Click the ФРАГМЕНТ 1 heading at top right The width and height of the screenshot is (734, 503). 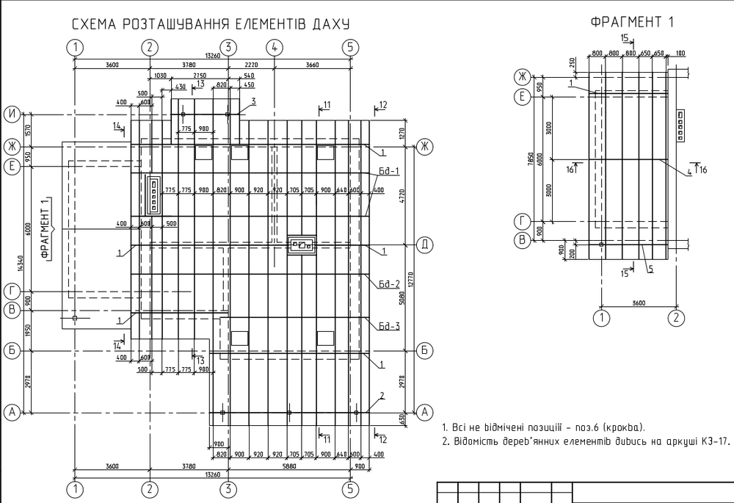[632, 22]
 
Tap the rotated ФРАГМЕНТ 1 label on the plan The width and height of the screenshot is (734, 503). [45, 228]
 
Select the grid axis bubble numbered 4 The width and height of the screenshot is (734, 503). [275, 47]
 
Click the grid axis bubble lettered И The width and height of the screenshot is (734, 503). [12, 115]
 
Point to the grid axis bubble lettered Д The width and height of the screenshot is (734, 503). [424, 245]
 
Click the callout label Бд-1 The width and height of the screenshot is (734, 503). [389, 171]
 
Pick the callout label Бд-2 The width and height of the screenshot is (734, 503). [389, 284]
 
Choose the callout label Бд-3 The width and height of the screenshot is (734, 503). [389, 326]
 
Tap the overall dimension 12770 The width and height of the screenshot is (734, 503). [411, 281]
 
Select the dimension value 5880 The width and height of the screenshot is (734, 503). [288, 466]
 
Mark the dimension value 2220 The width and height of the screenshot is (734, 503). [251, 65]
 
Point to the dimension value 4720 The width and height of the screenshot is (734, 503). [402, 196]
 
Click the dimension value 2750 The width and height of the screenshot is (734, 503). [200, 76]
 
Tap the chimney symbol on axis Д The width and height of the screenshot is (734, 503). [302, 245]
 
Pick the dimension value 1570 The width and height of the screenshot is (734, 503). [27, 131]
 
